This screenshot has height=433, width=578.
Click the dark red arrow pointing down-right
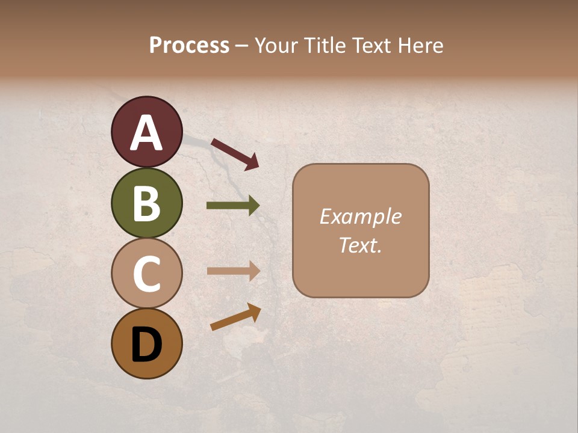(x=235, y=154)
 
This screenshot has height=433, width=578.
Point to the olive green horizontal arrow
(x=233, y=206)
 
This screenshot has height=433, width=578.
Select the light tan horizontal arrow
(x=233, y=271)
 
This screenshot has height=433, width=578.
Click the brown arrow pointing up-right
(x=235, y=317)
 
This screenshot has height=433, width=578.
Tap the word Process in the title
(x=189, y=45)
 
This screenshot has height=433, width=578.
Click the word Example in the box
(x=360, y=216)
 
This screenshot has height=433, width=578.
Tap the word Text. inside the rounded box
(x=360, y=245)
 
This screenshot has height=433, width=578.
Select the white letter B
(x=147, y=203)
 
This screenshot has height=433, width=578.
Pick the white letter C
(x=147, y=274)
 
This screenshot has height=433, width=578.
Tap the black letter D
(x=147, y=345)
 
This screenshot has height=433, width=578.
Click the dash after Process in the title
(x=241, y=46)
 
